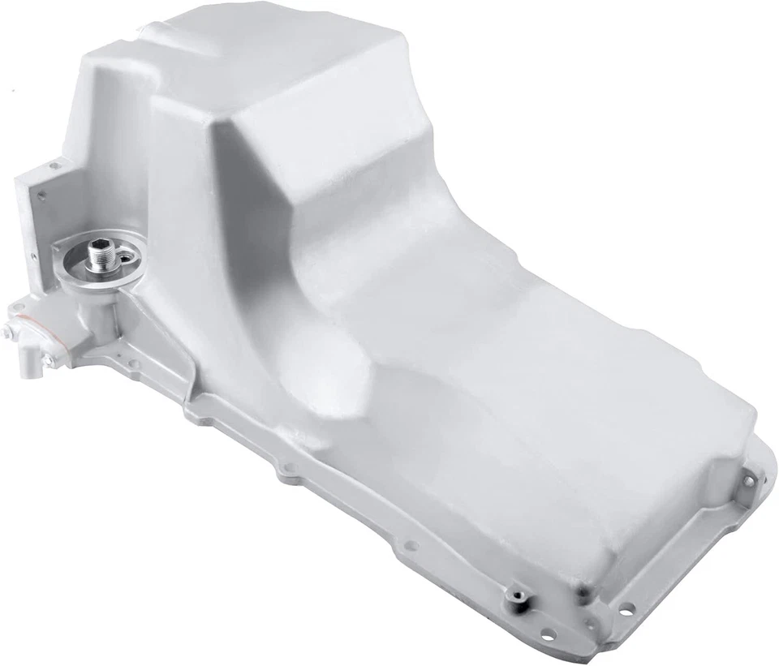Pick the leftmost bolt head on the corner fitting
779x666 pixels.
[x=7, y=333]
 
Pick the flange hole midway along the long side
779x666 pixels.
[x=411, y=545]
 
